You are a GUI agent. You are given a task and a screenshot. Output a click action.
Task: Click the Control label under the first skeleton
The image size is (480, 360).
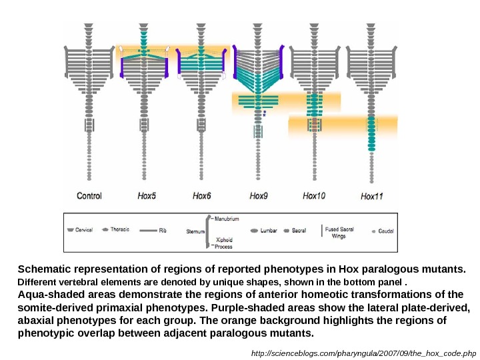point(89,195)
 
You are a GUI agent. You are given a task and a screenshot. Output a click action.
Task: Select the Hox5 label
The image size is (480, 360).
point(147,195)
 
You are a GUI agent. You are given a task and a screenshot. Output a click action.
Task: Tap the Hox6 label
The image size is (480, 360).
point(201,195)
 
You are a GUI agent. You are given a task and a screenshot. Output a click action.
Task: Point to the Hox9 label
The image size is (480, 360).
point(259,195)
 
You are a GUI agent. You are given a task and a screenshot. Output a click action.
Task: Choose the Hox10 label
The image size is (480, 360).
point(314,195)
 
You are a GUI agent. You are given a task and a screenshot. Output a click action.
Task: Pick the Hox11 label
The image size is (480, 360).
point(371,196)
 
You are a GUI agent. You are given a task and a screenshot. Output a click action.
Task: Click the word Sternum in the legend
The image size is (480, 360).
point(195,231)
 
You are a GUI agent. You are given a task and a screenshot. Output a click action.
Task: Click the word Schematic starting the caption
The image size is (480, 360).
point(43,269)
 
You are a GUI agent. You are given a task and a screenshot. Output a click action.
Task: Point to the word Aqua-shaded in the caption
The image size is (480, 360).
point(47,295)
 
